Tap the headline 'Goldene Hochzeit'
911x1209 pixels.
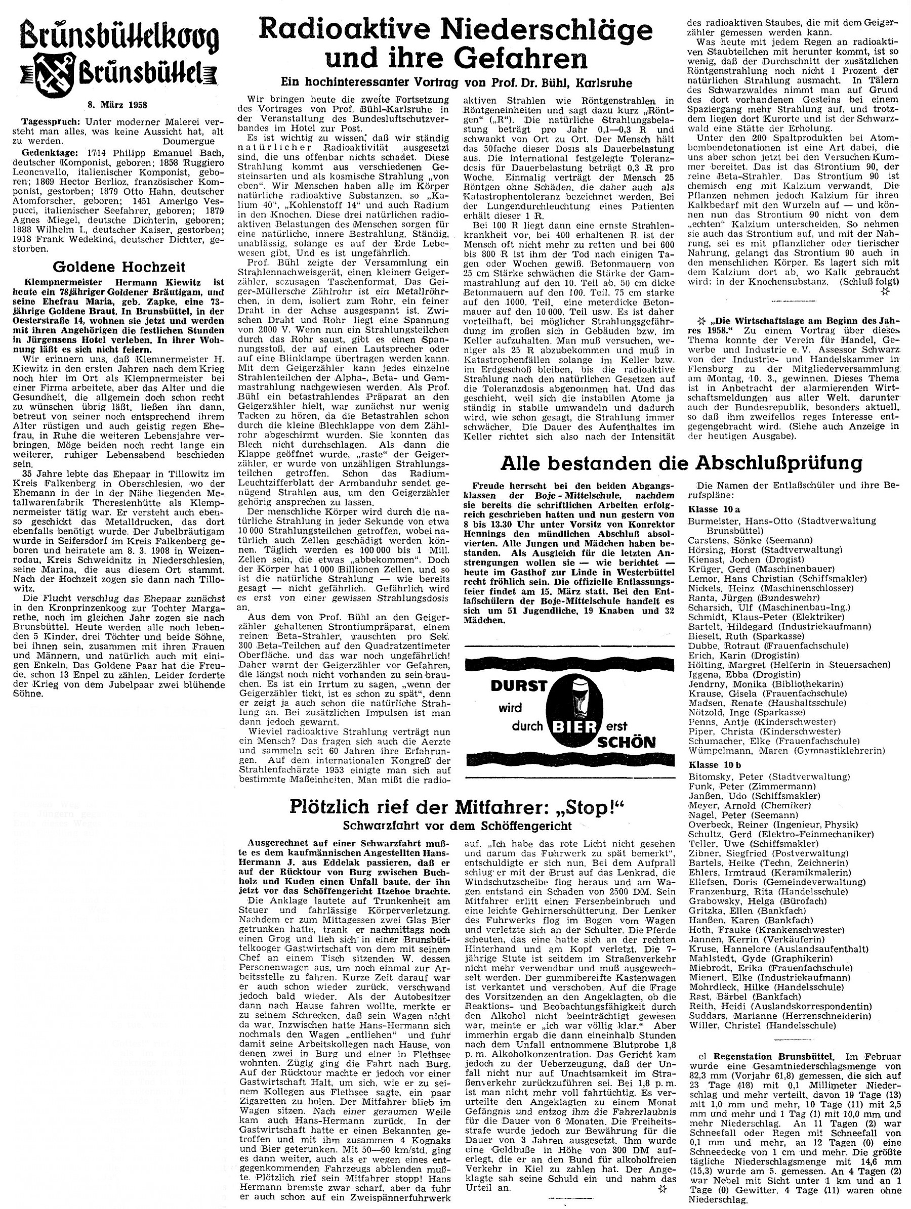[x=119, y=267]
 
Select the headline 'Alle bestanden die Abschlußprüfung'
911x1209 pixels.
[x=681, y=462]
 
